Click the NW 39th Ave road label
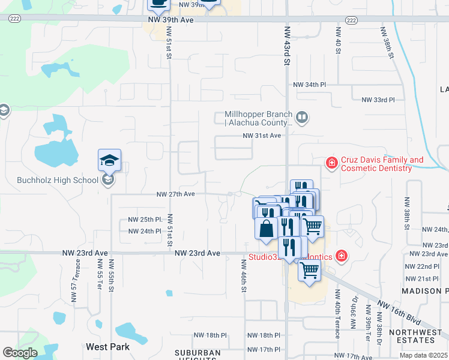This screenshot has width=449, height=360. (x=171, y=20)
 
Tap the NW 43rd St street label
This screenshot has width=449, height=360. (x=288, y=53)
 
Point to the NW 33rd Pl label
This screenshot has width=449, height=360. (x=378, y=100)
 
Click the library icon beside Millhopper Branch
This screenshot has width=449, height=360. (x=302, y=118)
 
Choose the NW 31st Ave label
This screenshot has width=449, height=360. (x=262, y=136)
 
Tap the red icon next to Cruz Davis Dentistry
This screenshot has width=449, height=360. (x=331, y=163)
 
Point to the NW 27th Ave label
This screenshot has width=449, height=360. (x=176, y=194)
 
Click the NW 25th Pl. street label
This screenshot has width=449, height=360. (x=145, y=220)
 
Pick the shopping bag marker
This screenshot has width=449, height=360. (x=266, y=228)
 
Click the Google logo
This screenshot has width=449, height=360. (x=20, y=353)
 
